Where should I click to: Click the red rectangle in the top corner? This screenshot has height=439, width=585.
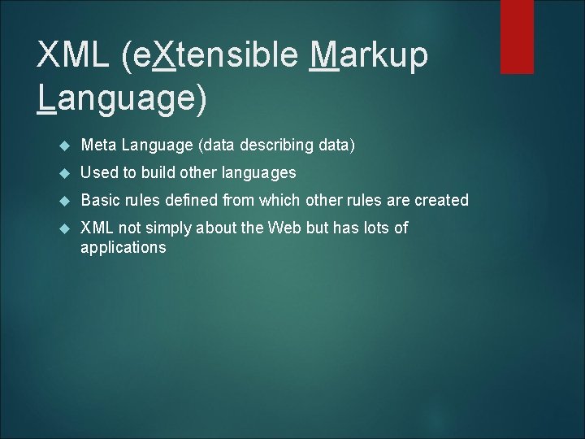(517, 37)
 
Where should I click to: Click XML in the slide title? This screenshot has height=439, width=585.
(74, 56)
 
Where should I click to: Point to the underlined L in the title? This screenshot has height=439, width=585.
(47, 98)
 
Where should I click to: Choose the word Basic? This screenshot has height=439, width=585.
(99, 200)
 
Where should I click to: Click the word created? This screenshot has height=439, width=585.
(440, 200)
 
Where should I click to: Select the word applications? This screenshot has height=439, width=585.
(123, 248)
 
